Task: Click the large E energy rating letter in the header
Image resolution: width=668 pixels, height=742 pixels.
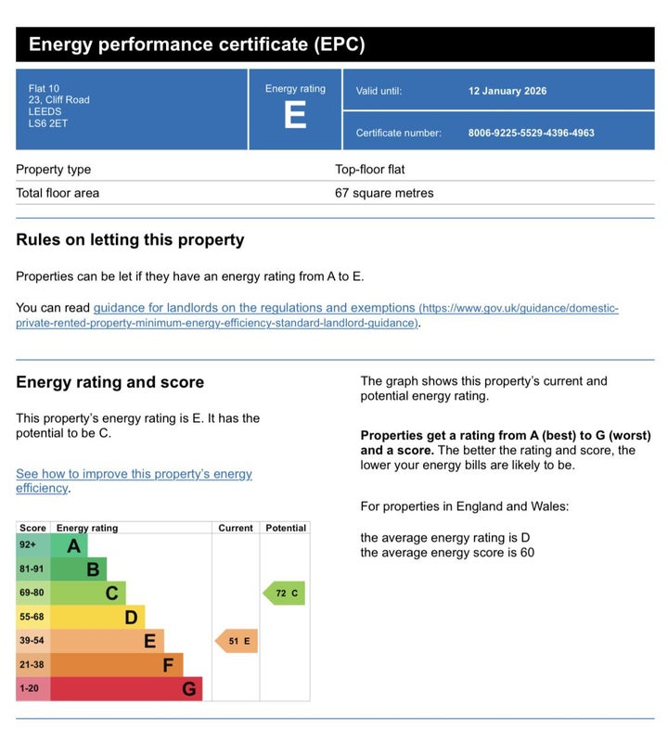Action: pyautogui.click(x=295, y=117)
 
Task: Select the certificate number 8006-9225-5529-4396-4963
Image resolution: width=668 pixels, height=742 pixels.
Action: pyautogui.click(x=531, y=133)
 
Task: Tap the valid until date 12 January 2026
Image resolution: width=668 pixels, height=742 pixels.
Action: pyautogui.click(x=507, y=91)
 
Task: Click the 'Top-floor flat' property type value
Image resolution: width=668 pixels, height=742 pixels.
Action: pyautogui.click(x=369, y=170)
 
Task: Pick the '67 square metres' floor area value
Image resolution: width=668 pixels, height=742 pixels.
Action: pyautogui.click(x=384, y=193)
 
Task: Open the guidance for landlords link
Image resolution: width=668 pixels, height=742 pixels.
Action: pyautogui.click(x=254, y=308)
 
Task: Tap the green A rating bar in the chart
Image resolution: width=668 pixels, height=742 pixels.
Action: pyautogui.click(x=70, y=545)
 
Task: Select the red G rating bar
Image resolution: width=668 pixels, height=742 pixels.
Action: pyautogui.click(x=125, y=689)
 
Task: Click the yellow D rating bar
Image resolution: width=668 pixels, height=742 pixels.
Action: pyautogui.click(x=97, y=617)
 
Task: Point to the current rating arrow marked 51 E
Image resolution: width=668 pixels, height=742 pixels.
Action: pyautogui.click(x=237, y=641)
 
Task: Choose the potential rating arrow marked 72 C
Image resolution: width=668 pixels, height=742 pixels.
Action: pyautogui.click(x=284, y=593)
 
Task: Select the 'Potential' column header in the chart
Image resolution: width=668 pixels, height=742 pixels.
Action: pyautogui.click(x=286, y=528)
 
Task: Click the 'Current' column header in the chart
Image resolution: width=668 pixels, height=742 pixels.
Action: pyautogui.click(x=236, y=528)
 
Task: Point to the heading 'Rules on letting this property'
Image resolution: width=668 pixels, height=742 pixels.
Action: pyautogui.click(x=130, y=239)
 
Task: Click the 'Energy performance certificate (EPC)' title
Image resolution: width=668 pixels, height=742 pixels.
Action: pyautogui.click(x=197, y=45)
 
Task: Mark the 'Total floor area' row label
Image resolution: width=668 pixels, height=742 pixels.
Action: pyautogui.click(x=58, y=193)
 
